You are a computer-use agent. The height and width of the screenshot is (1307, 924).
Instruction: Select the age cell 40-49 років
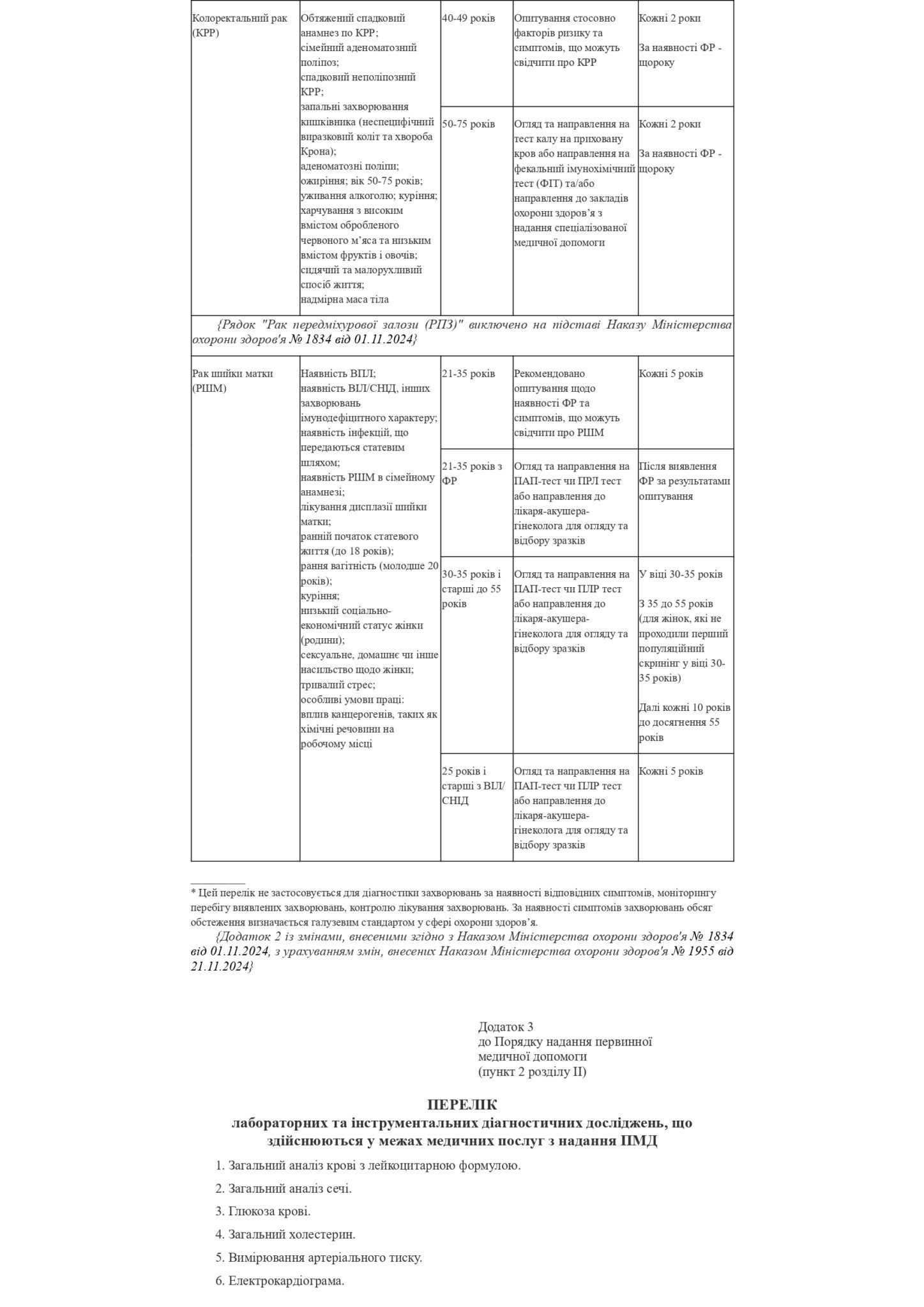[468, 19]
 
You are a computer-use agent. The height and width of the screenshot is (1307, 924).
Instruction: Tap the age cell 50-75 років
[468, 124]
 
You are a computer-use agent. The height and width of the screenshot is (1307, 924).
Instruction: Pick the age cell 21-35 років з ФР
[472, 474]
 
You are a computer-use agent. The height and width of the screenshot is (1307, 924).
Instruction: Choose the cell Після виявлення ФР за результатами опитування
[685, 481]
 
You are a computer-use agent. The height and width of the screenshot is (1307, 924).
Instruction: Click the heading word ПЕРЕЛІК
[462, 1105]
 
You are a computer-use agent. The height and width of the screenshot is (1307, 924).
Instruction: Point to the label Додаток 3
[505, 1027]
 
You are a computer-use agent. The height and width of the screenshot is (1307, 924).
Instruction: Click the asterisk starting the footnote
[193, 893]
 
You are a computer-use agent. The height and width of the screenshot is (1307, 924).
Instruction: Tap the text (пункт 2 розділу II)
[532, 1072]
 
